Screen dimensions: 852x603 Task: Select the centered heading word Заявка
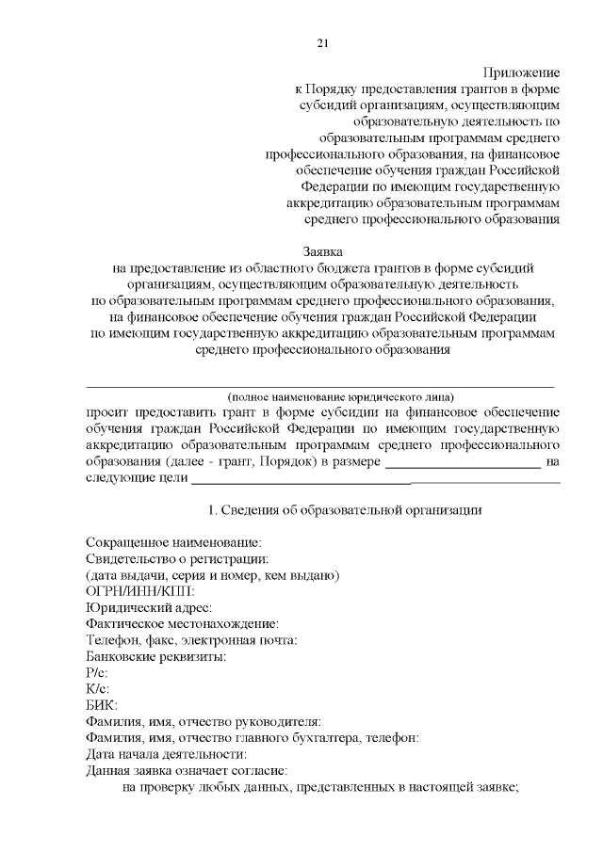tap(323, 251)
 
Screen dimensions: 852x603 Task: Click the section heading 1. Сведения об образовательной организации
tap(345, 510)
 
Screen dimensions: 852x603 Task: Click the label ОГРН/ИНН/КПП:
tap(140, 591)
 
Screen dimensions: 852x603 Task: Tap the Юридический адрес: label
tap(149, 608)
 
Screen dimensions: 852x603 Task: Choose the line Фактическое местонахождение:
tap(182, 624)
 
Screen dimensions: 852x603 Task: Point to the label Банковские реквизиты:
tap(155, 657)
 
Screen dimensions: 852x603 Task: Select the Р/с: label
tap(97, 674)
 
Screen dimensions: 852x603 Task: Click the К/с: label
tap(98, 690)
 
